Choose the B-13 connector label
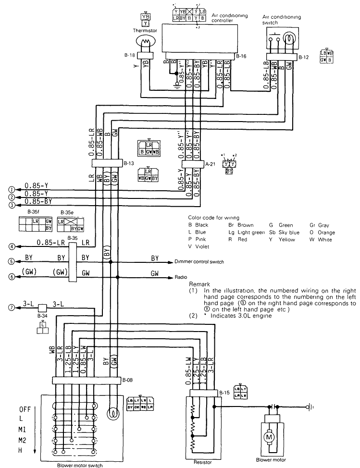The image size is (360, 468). pos(128,163)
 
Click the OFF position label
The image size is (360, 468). pos(25,409)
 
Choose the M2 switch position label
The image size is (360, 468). pos(23,440)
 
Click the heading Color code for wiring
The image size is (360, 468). pos(214,218)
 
